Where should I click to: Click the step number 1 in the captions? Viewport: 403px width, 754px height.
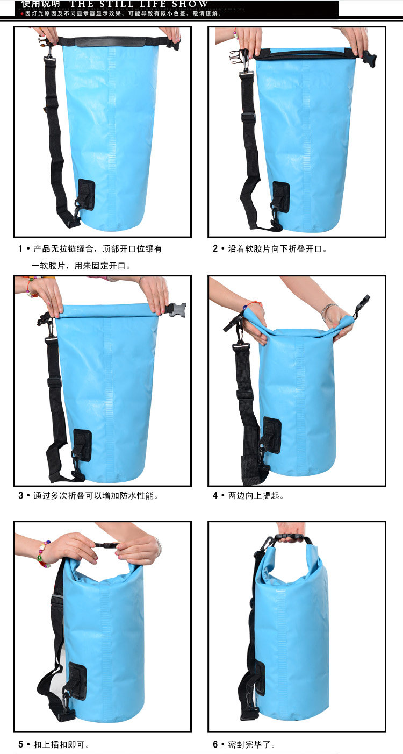tap(21, 249)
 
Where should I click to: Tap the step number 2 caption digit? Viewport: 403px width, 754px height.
tap(215, 249)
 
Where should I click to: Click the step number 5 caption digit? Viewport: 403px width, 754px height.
tap(21, 745)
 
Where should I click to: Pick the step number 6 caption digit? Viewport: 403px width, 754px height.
tap(215, 745)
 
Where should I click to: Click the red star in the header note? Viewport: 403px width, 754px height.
tap(22, 13)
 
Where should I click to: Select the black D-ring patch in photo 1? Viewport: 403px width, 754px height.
tap(86, 195)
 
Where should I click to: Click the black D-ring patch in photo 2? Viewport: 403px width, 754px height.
tap(280, 197)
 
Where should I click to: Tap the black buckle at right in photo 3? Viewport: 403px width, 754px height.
tap(176, 309)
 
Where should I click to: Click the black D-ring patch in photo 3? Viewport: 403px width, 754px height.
tap(82, 445)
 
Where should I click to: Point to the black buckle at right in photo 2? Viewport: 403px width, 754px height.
tap(369, 59)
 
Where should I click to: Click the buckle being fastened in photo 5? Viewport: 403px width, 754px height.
tap(107, 545)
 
